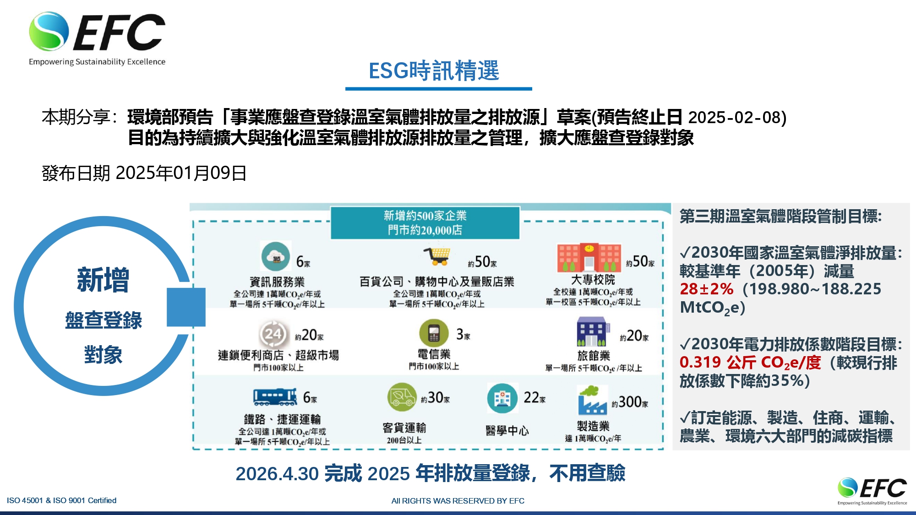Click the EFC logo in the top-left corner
click(x=97, y=39)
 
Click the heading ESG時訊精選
click(x=434, y=71)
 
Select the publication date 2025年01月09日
click(x=181, y=173)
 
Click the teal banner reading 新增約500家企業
click(x=425, y=223)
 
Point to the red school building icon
click(x=589, y=258)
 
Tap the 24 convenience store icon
click(x=273, y=334)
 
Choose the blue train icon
click(x=275, y=397)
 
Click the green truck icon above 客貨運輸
click(x=402, y=397)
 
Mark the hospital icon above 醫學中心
click(x=502, y=398)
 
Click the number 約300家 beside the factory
click(x=630, y=402)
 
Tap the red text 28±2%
click(x=706, y=289)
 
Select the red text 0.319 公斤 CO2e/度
click(x=750, y=363)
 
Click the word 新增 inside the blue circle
click(x=103, y=279)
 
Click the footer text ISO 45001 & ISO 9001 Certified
click(x=62, y=500)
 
